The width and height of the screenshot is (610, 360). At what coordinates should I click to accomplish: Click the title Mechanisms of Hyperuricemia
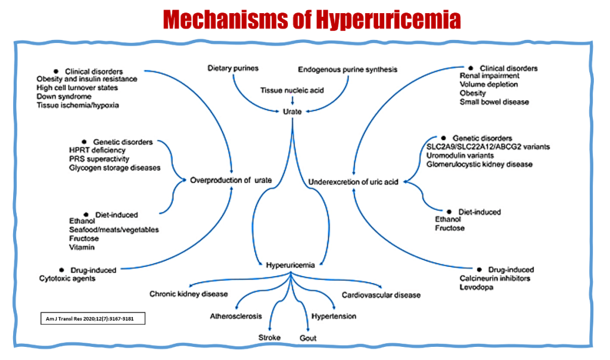(x=312, y=19)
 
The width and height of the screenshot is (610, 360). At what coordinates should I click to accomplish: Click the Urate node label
(x=292, y=111)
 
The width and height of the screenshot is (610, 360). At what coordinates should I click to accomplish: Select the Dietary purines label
(x=233, y=69)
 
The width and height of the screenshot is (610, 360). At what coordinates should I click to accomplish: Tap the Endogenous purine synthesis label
(x=347, y=69)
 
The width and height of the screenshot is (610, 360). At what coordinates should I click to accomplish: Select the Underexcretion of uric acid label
(x=353, y=182)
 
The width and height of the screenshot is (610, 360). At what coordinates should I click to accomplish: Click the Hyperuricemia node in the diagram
(x=290, y=266)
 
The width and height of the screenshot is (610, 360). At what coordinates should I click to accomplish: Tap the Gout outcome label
(x=308, y=338)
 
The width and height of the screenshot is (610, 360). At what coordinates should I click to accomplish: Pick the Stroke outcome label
(x=269, y=338)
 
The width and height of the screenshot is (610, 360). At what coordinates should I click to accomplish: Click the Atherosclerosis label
(x=235, y=316)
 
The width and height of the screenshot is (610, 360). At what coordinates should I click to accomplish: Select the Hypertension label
(x=334, y=316)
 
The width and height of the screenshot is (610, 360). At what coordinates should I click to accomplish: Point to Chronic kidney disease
(x=188, y=294)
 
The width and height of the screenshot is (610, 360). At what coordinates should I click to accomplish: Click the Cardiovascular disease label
(x=381, y=295)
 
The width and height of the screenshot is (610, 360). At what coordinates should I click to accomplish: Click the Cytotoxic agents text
(x=67, y=278)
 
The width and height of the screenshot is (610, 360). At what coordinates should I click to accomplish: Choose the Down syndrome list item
(x=64, y=97)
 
